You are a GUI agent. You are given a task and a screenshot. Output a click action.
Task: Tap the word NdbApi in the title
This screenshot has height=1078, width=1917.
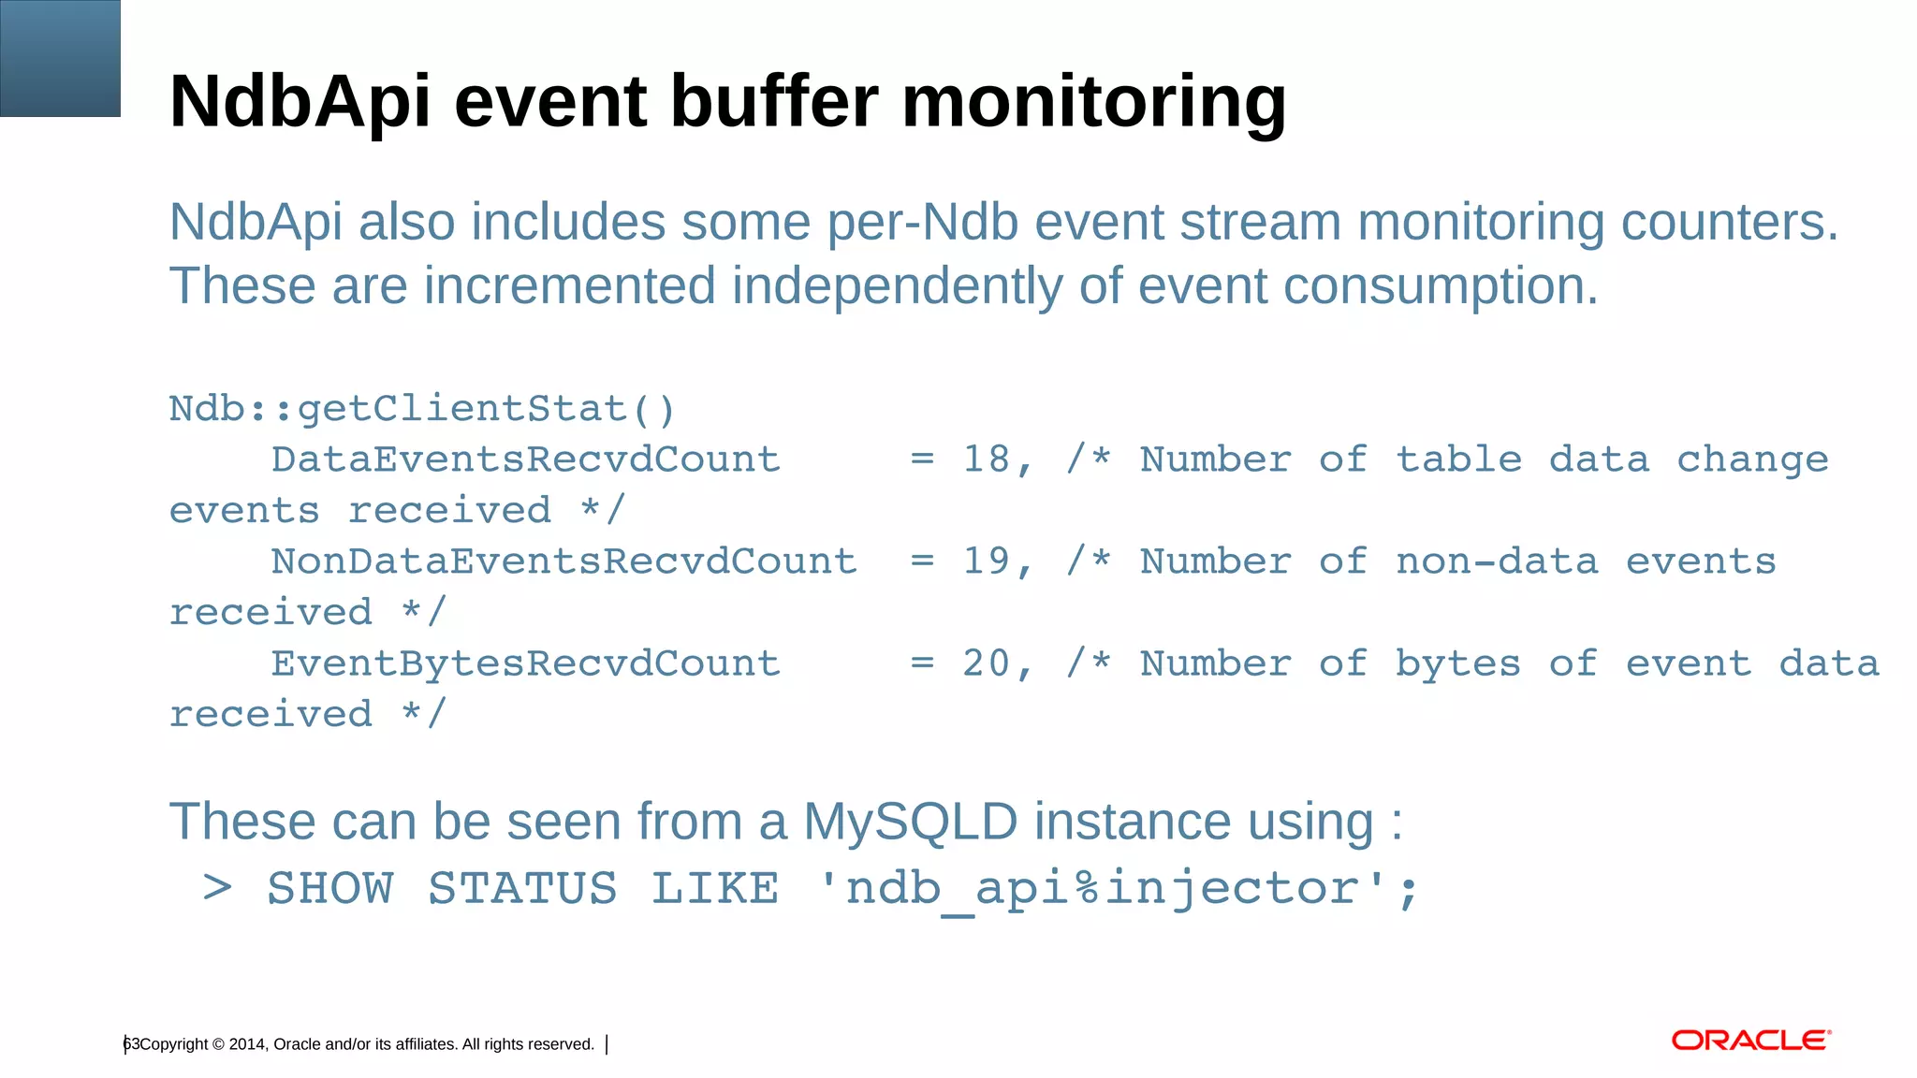tap(300, 103)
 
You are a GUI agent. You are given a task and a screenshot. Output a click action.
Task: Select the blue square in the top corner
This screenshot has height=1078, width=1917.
tap(60, 58)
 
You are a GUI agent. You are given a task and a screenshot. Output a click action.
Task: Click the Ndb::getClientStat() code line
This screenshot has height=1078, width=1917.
tap(421, 410)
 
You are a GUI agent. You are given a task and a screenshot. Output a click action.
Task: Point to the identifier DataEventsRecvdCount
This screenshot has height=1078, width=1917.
tap(525, 460)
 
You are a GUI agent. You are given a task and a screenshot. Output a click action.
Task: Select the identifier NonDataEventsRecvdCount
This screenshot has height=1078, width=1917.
tap(563, 562)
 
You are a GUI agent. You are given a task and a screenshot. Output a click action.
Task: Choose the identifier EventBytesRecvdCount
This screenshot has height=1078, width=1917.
tap(525, 664)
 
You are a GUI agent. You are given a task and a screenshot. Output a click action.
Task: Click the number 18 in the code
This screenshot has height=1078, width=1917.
tap(987, 460)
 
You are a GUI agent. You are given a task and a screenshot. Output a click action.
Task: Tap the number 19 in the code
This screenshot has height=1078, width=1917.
tap(987, 562)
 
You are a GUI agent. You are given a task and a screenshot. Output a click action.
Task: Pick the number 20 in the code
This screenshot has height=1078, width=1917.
tap(987, 664)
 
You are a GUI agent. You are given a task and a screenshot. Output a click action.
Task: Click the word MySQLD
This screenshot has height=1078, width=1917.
tap(910, 822)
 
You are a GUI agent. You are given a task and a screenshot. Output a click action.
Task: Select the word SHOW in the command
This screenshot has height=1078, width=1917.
tap(330, 889)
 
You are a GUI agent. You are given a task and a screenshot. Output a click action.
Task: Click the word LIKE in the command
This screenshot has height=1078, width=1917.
tap(715, 889)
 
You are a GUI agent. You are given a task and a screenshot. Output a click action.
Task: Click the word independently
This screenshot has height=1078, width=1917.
tap(896, 285)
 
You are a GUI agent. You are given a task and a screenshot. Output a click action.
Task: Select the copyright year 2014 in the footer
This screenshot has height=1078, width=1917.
tap(247, 1044)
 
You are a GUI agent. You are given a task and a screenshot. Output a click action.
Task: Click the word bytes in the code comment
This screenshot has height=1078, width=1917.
tap(1457, 664)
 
